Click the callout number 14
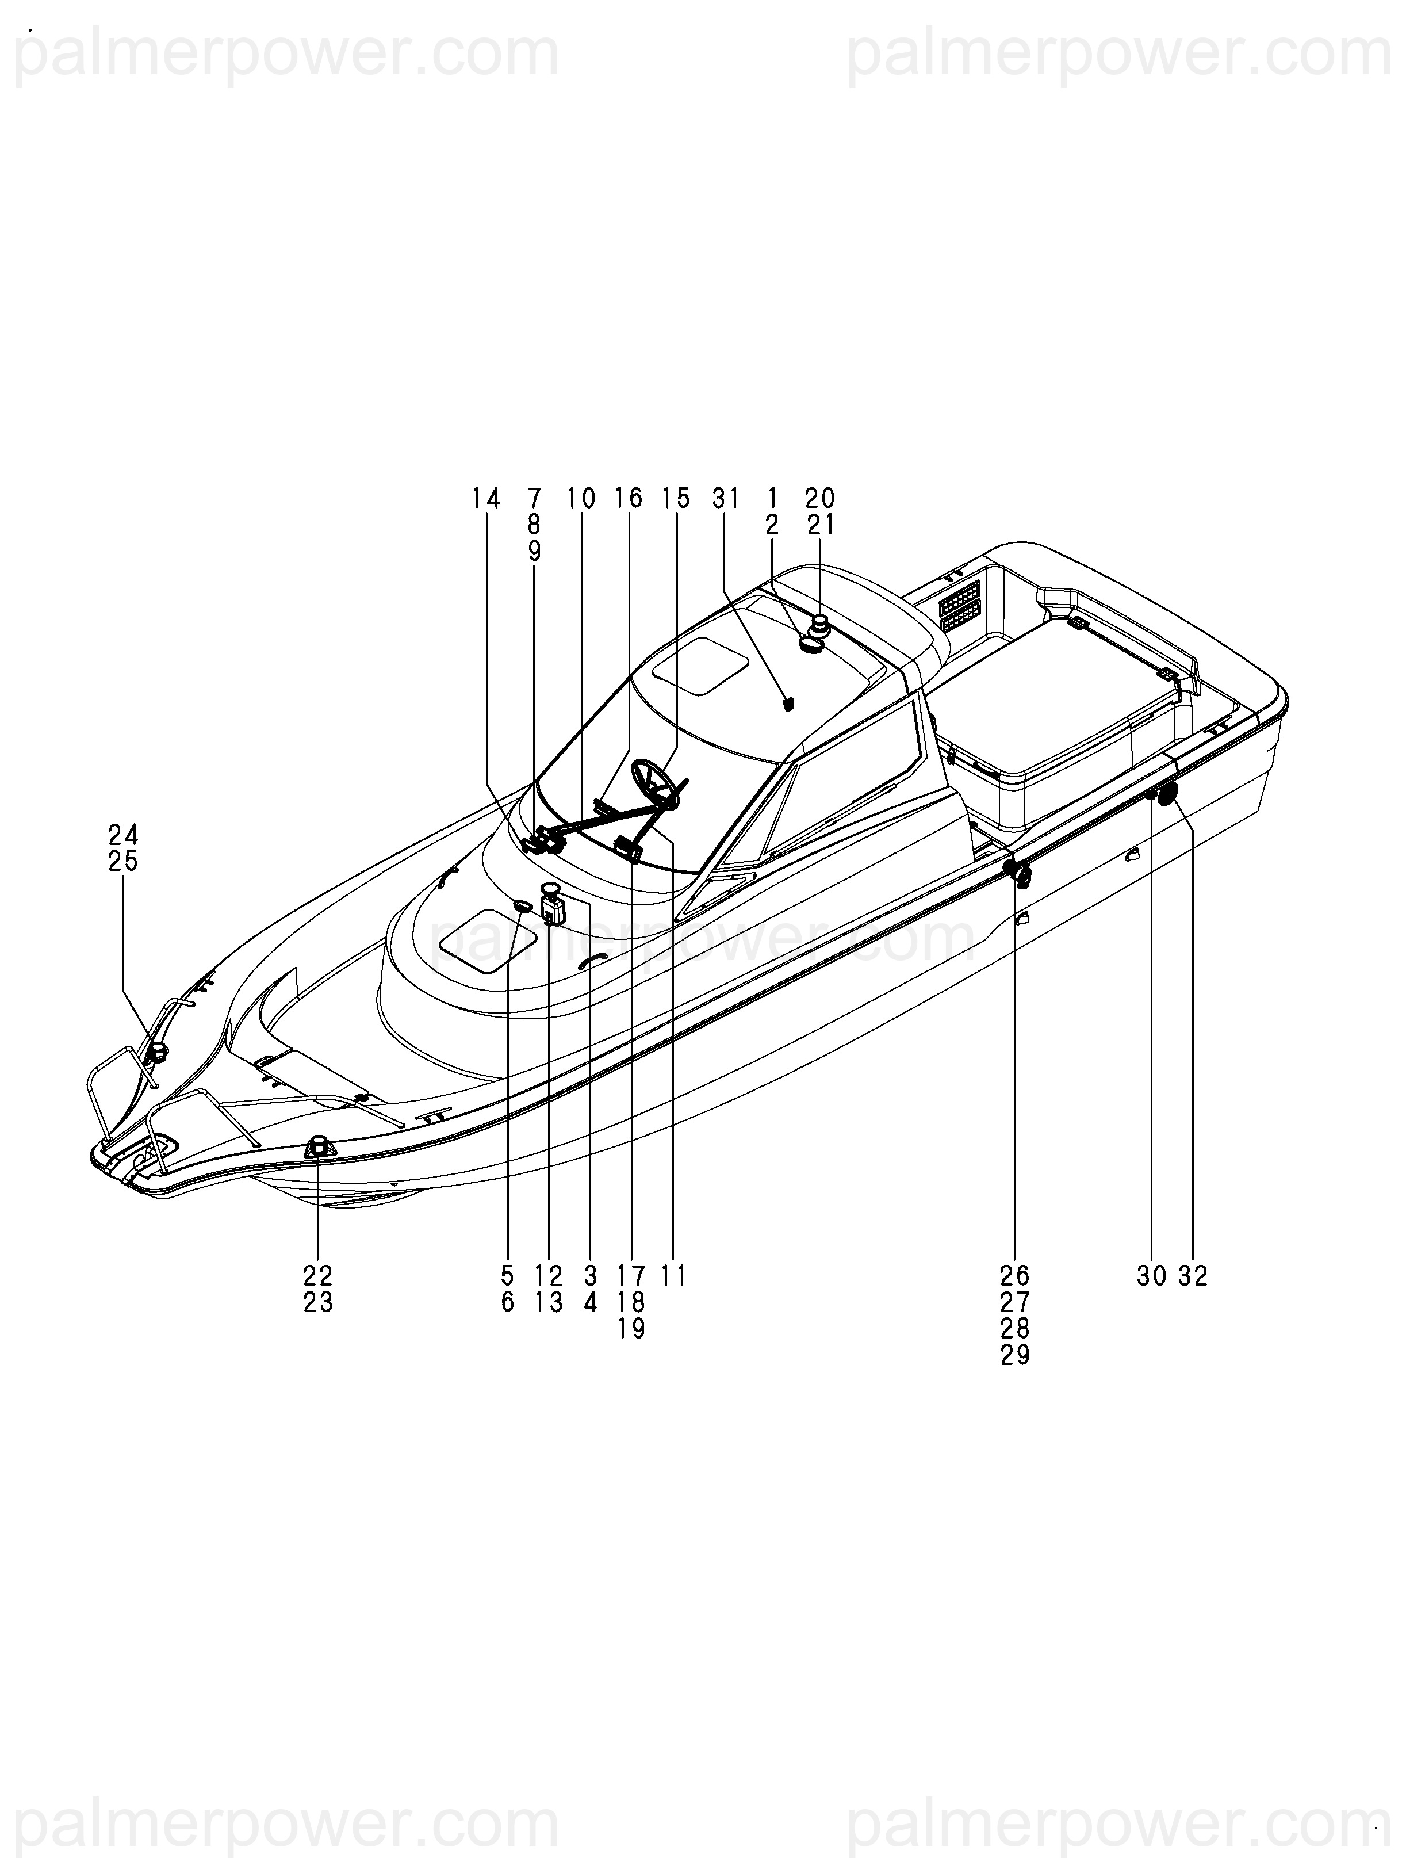(x=485, y=499)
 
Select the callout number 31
(x=725, y=499)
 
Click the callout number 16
(x=629, y=499)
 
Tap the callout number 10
(x=581, y=499)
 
